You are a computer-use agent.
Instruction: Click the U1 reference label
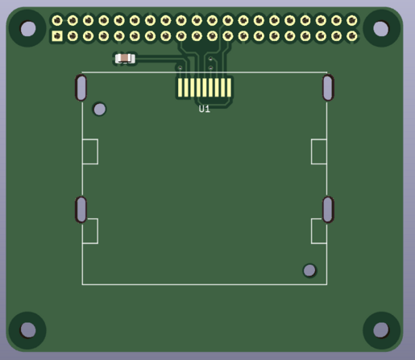tap(205, 109)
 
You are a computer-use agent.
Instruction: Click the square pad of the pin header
tap(57, 36)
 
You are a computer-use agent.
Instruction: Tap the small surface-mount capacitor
tap(125, 59)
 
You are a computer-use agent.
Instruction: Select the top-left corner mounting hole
tap(28, 28)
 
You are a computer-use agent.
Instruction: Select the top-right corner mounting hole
tap(381, 28)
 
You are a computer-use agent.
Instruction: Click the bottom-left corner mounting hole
tap(28, 329)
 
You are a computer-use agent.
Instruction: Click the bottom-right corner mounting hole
tap(381, 329)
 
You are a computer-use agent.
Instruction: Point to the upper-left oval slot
tap(81, 88)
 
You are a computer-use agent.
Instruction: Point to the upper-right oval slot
tap(328, 88)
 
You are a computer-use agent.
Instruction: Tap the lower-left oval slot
tap(81, 209)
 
